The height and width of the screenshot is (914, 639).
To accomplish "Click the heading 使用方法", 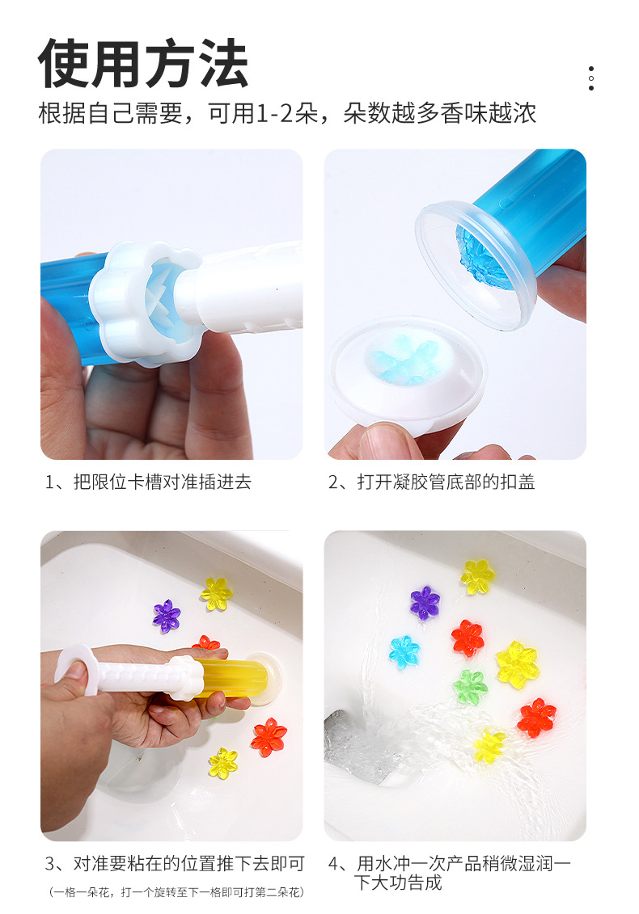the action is [x=143, y=64].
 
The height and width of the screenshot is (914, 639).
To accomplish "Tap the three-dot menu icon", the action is [x=591, y=78].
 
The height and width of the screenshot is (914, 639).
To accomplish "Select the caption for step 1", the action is [x=148, y=482].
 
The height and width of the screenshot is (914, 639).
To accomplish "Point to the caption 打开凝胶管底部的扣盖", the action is [x=446, y=482].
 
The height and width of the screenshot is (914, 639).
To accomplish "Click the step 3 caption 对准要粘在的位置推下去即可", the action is [x=188, y=863].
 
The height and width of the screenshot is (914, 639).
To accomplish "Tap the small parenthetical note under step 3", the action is [x=176, y=892].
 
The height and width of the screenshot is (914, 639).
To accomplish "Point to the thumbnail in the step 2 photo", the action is [x=388, y=442].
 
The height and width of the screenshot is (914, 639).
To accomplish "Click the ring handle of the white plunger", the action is [x=78, y=668].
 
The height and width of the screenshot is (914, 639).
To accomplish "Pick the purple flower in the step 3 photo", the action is [x=167, y=616].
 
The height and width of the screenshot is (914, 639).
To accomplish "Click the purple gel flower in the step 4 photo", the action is [x=425, y=603].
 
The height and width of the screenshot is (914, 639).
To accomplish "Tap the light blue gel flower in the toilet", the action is [x=404, y=651].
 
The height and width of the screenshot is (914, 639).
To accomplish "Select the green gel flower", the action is [x=470, y=687].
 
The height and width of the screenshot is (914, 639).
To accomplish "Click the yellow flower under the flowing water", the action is [x=489, y=747].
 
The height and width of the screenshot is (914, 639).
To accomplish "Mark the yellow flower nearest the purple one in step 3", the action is [x=217, y=593].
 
